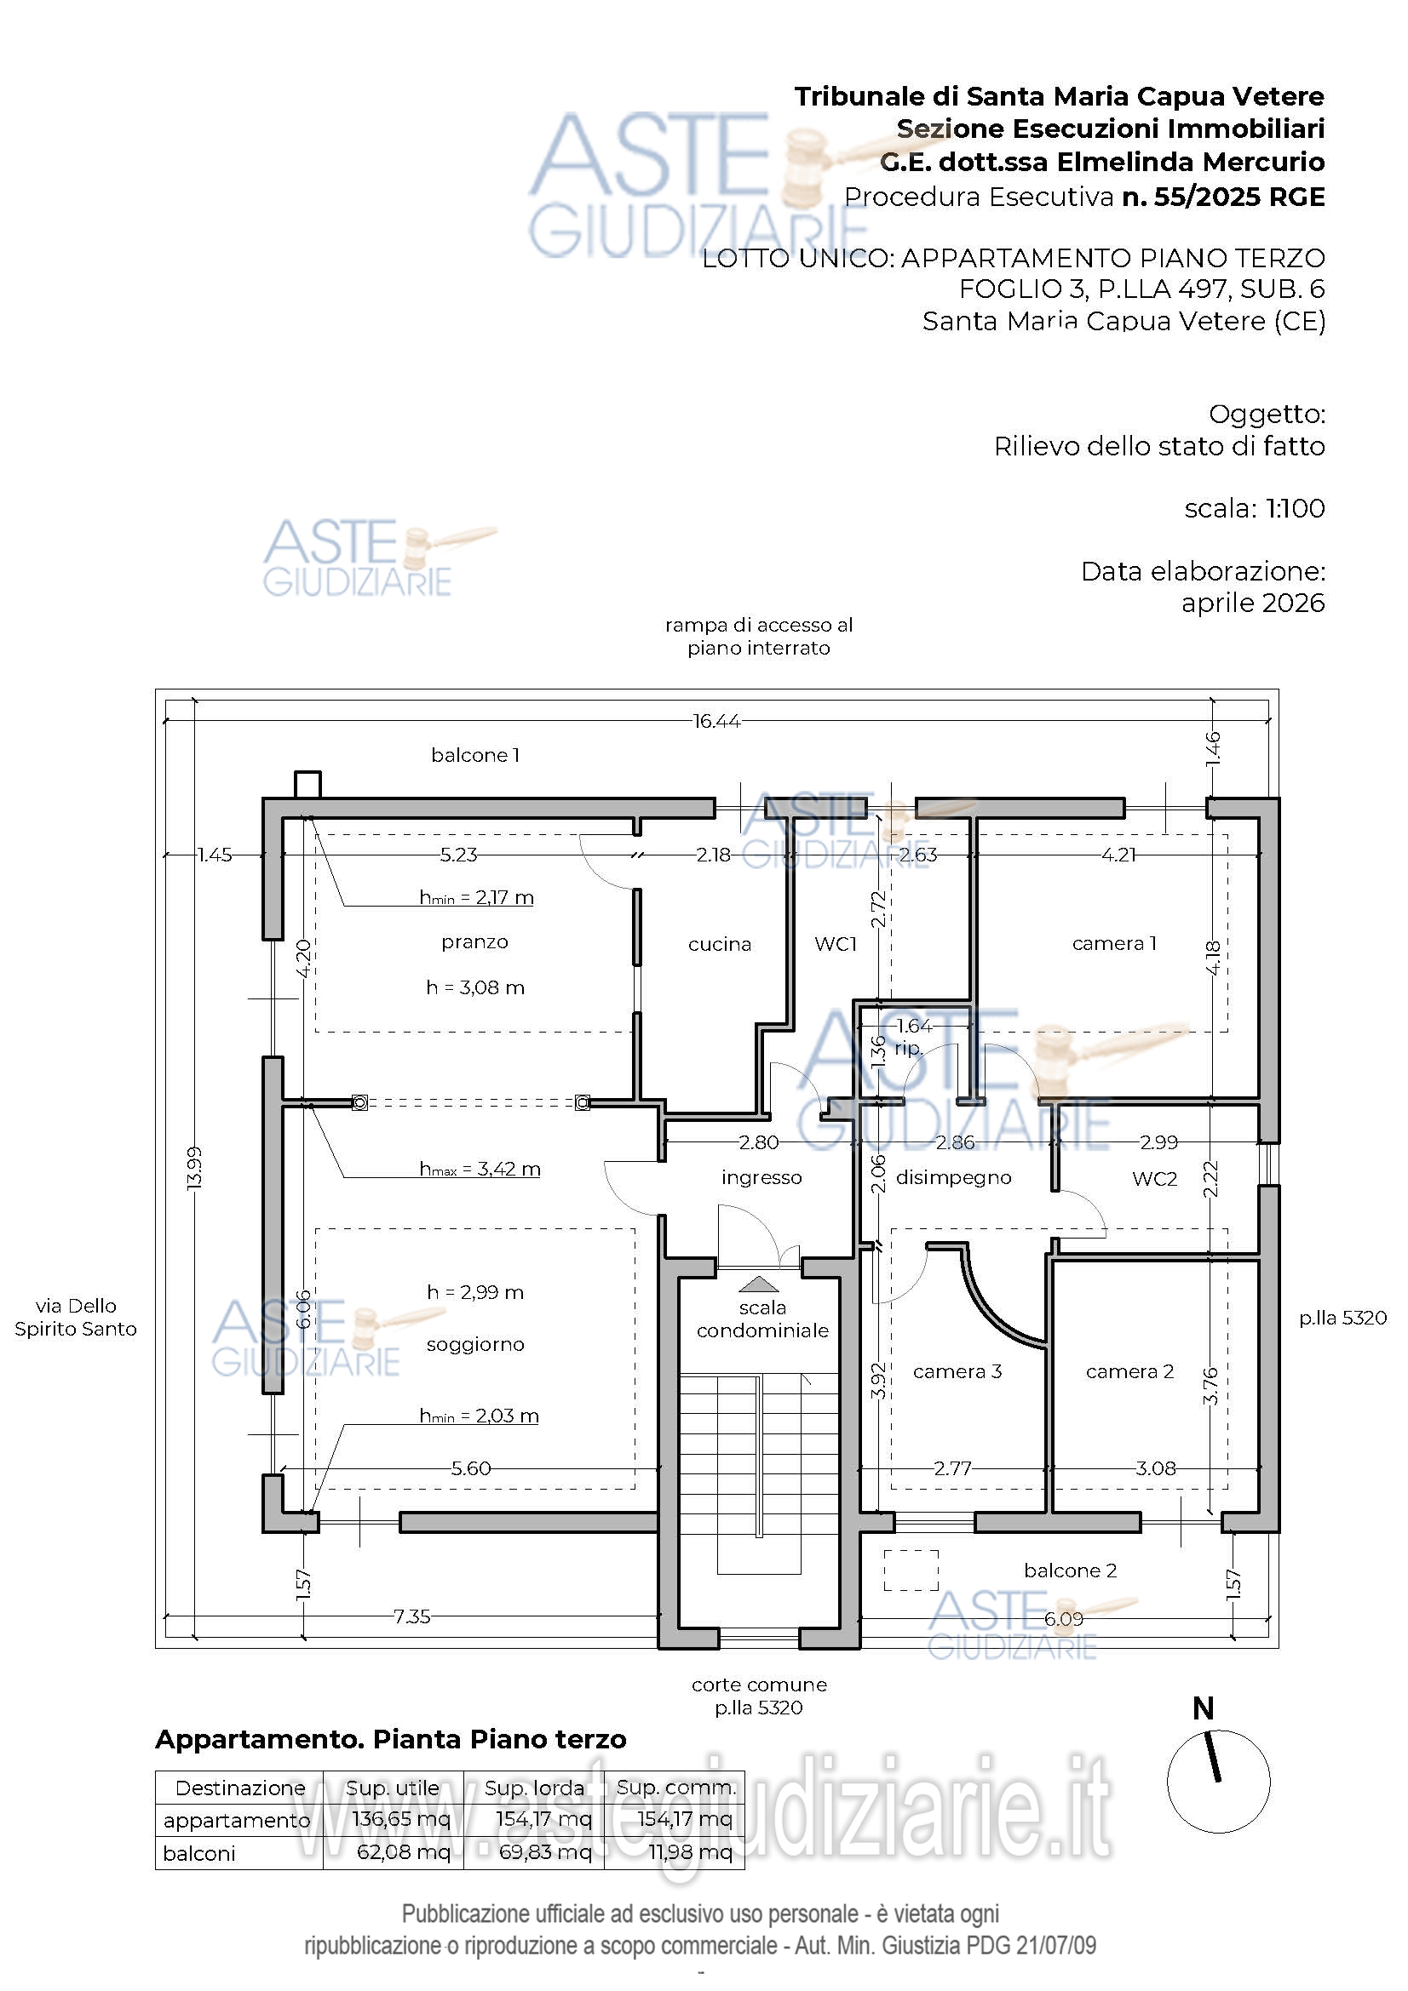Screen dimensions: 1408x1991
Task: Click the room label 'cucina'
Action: point(719,944)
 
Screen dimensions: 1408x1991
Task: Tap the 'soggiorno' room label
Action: point(475,1345)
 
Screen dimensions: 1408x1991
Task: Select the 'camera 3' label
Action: point(957,1371)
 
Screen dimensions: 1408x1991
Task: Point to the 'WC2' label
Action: point(1155,1178)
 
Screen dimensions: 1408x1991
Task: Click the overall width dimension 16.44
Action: point(716,721)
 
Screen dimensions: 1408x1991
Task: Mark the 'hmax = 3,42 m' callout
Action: point(480,1169)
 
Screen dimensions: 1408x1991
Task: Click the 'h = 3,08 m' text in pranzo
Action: point(475,987)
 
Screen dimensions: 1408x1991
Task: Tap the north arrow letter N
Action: point(1203,1708)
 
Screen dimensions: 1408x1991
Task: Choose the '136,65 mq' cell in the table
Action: point(401,1818)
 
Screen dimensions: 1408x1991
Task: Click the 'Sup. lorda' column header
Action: point(534,1788)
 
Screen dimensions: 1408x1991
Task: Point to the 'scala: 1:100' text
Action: point(1255,508)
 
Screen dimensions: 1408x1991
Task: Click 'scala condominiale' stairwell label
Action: point(762,1319)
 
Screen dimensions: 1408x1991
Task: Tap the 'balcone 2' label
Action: point(1070,1570)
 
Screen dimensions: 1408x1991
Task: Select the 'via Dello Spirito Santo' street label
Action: point(76,1317)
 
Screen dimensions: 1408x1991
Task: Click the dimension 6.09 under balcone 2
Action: point(1064,1618)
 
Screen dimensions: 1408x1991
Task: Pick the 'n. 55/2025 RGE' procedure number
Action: point(1223,197)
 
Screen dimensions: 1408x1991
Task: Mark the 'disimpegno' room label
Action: point(953,1177)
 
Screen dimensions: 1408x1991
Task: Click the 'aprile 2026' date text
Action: point(1253,603)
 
